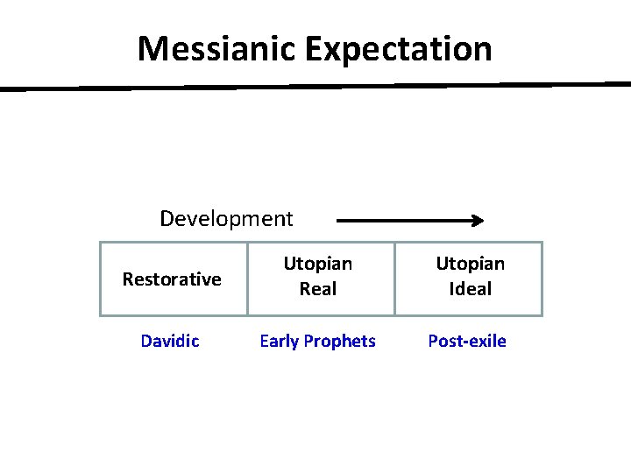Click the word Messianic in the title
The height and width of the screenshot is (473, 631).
coord(217,49)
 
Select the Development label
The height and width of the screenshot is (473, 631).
coord(226,218)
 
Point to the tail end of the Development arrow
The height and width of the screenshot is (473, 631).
coord(340,222)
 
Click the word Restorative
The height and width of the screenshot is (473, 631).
coord(172,279)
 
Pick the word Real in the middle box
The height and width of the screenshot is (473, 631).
coord(317,289)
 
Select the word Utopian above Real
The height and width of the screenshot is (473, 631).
coord(317,264)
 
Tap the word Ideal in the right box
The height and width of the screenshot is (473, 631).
coord(471,289)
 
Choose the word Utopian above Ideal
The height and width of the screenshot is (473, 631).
coord(471,264)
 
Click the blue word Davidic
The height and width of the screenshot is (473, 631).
coord(170,341)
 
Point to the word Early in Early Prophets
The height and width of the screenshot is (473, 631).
coord(280,341)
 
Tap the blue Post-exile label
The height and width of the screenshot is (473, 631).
coord(467,341)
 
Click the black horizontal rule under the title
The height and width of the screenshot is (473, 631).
coord(315,87)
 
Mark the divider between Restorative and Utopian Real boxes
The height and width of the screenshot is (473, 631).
coord(247,279)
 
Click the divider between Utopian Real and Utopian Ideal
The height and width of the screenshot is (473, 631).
coord(394,279)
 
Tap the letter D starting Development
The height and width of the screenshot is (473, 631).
coord(167,218)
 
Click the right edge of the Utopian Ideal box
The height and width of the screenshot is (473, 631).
coord(542,279)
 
